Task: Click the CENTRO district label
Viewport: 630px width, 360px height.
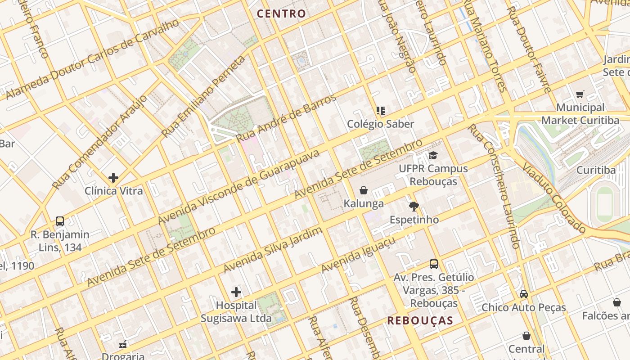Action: [x=281, y=13]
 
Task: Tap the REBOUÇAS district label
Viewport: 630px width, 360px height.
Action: [x=420, y=320]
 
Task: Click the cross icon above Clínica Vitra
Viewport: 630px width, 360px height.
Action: [x=113, y=178]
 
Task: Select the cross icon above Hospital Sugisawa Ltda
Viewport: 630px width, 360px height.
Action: [x=236, y=292]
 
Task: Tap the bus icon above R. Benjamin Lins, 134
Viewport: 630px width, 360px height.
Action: [x=60, y=221]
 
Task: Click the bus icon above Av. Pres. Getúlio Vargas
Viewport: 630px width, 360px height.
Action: [x=434, y=264]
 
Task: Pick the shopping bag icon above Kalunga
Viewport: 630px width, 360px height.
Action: [x=364, y=190]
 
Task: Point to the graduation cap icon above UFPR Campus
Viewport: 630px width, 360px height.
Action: [x=433, y=156]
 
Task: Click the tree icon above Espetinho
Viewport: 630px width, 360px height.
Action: [x=414, y=207]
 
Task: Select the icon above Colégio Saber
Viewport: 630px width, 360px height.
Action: [x=381, y=110]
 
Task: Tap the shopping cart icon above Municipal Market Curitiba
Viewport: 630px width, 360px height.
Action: [x=580, y=94]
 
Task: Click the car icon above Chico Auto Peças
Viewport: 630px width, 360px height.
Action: [x=524, y=294]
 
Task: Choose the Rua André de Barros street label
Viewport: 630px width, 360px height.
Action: [x=286, y=118]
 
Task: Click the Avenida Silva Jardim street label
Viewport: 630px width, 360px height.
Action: [x=273, y=250]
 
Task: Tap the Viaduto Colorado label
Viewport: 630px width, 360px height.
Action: [x=554, y=198]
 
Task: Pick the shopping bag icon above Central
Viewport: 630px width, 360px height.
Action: [x=526, y=336]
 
